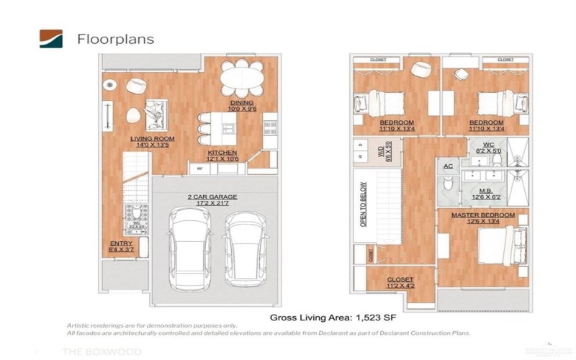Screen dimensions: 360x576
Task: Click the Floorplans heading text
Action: [x=115, y=39]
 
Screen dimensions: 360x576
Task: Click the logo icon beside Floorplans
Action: [x=51, y=38]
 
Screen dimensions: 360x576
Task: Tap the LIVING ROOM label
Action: [x=152, y=141]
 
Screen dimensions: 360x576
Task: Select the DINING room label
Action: [x=241, y=106]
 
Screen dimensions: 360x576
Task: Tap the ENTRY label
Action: [x=121, y=246]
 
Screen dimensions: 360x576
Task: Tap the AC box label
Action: [x=447, y=165]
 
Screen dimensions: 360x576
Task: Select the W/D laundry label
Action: [x=381, y=153]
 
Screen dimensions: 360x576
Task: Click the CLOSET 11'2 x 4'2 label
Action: [x=400, y=282]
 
